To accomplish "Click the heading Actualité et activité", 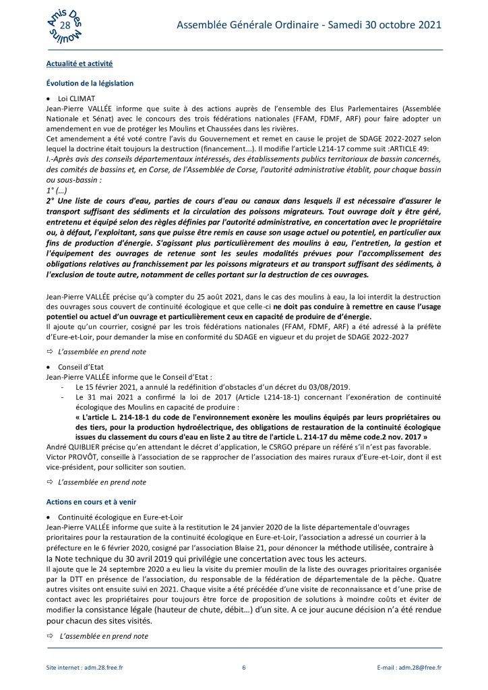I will click(x=78, y=63).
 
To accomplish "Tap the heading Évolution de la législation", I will click(x=89, y=83).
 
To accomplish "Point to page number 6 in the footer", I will click(x=243, y=668).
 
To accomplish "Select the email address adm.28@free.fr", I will click(x=418, y=668).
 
